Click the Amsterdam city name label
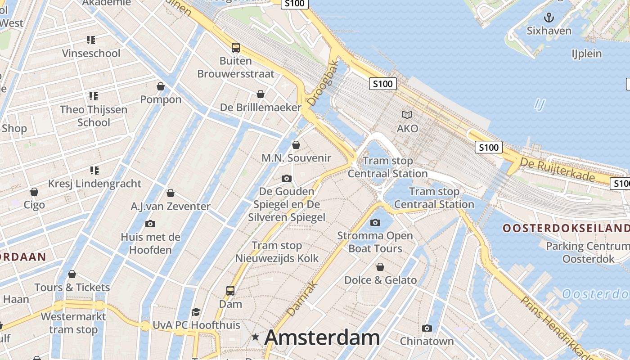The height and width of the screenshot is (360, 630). pyautogui.click(x=322, y=337)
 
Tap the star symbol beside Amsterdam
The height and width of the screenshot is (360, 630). pyautogui.click(x=256, y=337)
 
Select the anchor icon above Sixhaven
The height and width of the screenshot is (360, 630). pyautogui.click(x=549, y=18)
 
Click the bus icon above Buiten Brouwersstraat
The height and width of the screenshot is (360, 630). pyautogui.click(x=235, y=47)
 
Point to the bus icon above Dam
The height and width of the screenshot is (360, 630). pyautogui.click(x=230, y=291)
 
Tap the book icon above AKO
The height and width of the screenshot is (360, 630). pyautogui.click(x=407, y=115)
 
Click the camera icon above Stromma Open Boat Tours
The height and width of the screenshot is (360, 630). pyautogui.click(x=375, y=222)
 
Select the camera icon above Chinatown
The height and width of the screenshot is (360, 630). pyautogui.click(x=427, y=328)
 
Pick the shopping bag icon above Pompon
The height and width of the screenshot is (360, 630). pyautogui.click(x=161, y=86)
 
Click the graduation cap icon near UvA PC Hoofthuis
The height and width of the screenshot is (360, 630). pyautogui.click(x=196, y=312)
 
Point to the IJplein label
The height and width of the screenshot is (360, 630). pyautogui.click(x=587, y=54)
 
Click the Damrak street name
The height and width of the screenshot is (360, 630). pyautogui.click(x=302, y=298)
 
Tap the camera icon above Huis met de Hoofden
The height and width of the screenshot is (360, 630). pyautogui.click(x=150, y=224)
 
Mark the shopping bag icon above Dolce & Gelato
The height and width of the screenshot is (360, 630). pyautogui.click(x=380, y=267)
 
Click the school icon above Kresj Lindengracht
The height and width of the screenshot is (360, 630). pyautogui.click(x=94, y=170)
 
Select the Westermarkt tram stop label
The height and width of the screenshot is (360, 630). pyautogui.click(x=73, y=323)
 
